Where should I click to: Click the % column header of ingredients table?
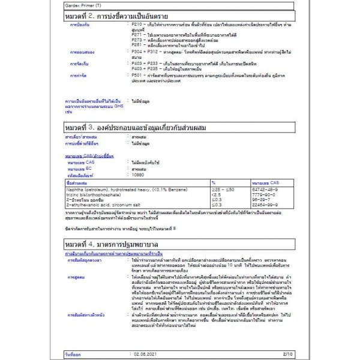pos(214,182)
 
